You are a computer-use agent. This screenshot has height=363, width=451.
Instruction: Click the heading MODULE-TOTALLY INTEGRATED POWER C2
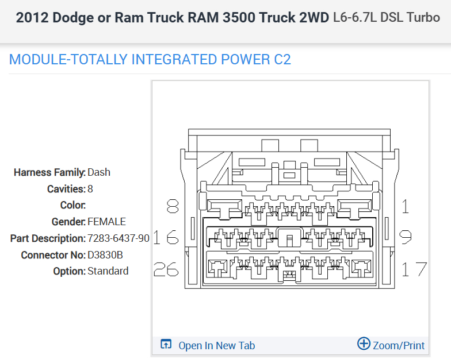click(150, 59)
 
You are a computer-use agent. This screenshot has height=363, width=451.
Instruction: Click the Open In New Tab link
click(216, 345)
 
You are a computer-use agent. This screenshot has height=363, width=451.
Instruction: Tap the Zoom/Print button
click(398, 345)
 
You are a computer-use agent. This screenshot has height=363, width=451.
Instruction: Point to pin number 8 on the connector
click(172, 206)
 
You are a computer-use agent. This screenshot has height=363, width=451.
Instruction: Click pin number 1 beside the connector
click(406, 206)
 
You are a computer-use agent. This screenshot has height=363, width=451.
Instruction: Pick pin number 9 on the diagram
click(405, 237)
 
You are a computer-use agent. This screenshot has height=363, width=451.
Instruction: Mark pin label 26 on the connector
click(166, 269)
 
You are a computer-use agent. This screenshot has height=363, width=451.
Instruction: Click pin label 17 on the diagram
click(414, 269)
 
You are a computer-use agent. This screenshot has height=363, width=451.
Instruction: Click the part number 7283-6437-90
click(119, 238)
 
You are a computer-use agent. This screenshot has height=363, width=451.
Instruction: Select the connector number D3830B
click(105, 254)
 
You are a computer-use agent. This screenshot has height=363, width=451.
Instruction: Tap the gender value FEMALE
click(106, 222)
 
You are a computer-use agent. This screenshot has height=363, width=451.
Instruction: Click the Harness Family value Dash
click(99, 172)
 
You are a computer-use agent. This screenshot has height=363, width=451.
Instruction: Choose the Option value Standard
click(108, 271)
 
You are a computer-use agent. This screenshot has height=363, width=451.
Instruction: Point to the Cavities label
click(66, 189)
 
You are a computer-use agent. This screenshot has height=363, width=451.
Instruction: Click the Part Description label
click(48, 238)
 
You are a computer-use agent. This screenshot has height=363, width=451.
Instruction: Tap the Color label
click(72, 205)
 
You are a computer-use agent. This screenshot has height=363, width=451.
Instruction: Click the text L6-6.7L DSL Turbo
click(387, 17)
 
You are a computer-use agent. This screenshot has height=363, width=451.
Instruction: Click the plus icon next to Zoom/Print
click(364, 344)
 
